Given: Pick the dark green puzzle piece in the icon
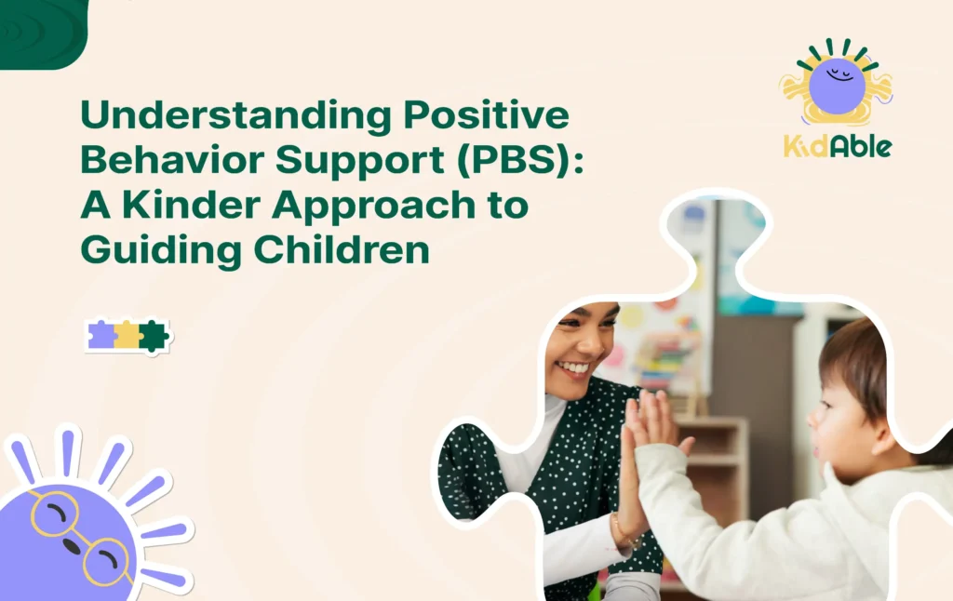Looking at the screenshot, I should tap(153, 336).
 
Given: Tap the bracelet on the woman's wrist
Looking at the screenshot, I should tap(620, 540).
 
